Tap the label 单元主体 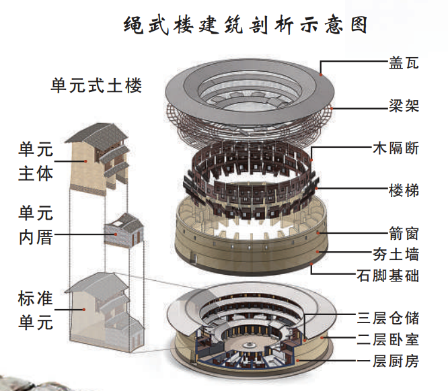pyautogui.click(x=35, y=161)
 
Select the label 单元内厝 pyautogui.click(x=35, y=226)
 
